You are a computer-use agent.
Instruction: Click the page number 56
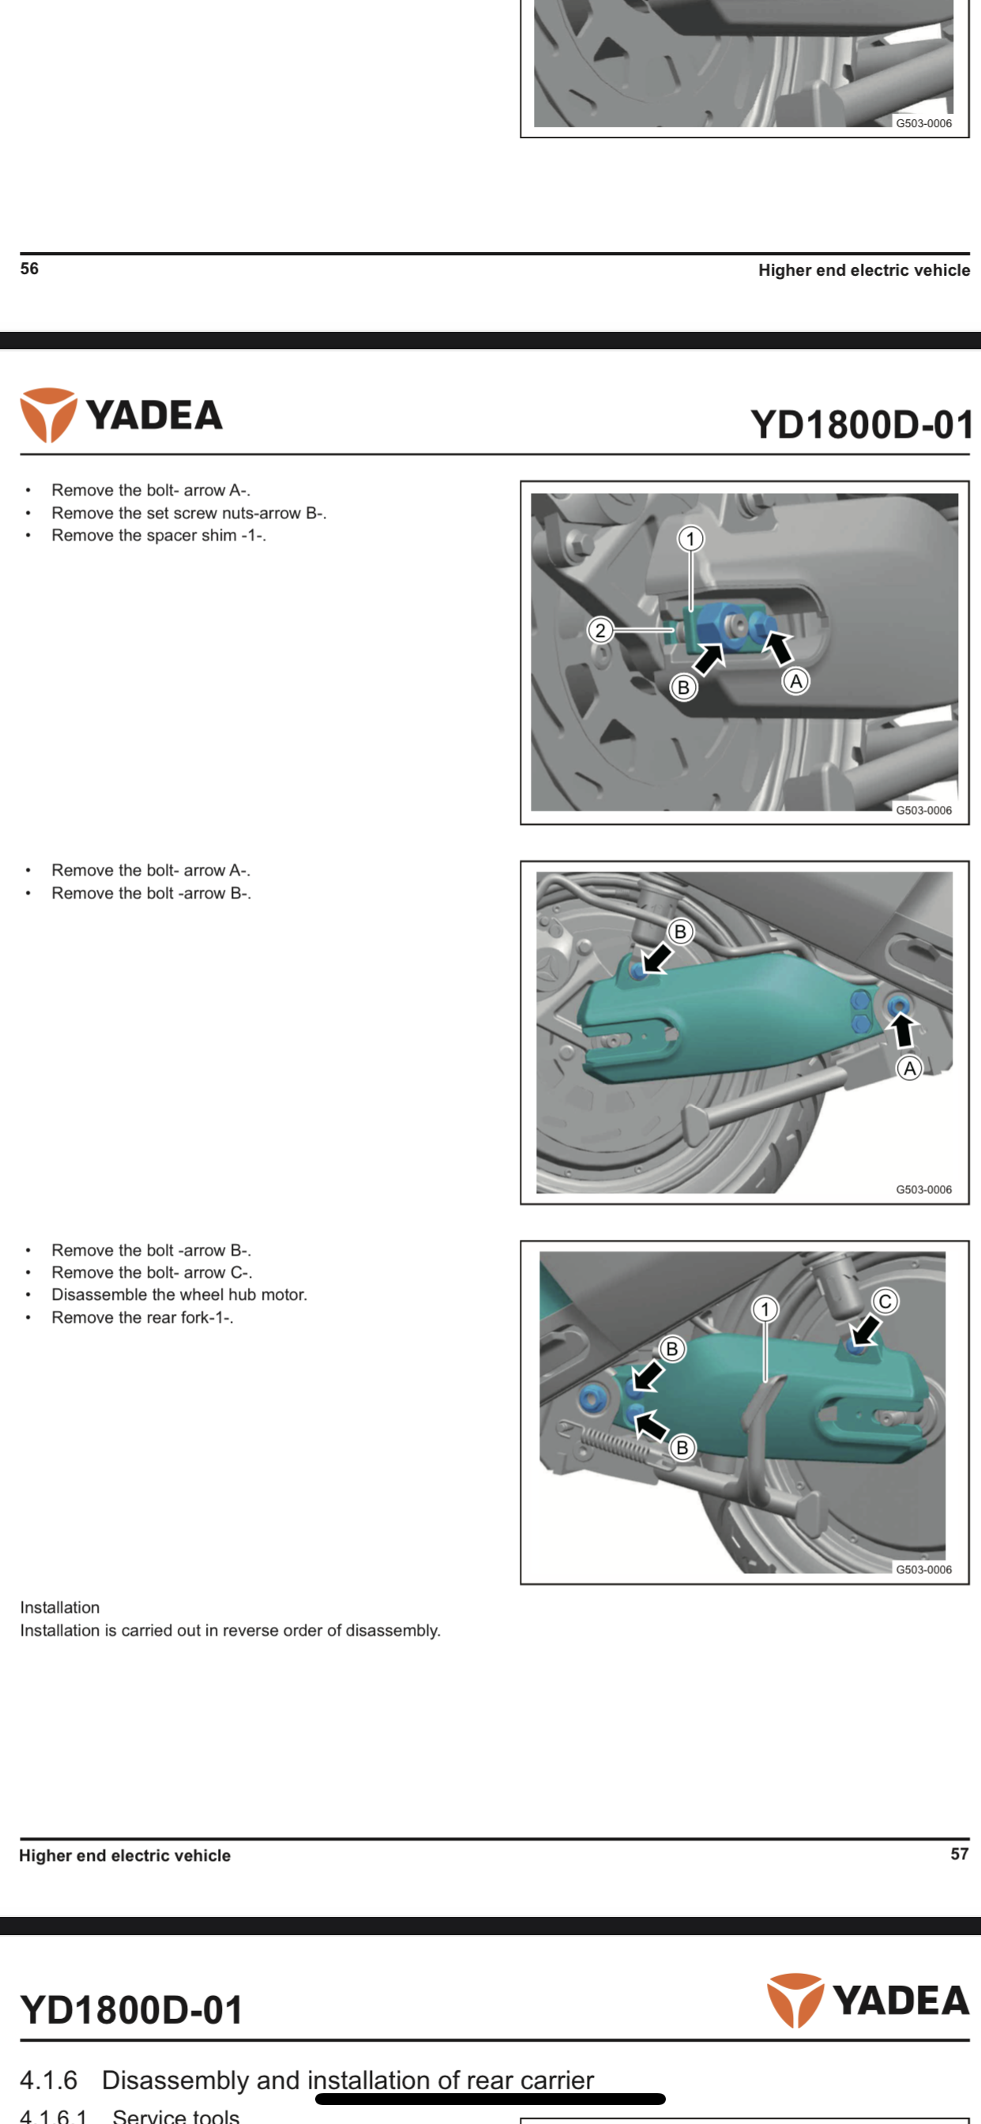(x=30, y=269)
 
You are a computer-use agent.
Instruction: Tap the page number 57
(x=959, y=1854)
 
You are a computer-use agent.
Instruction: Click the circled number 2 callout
(x=600, y=631)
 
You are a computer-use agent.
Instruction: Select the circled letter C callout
(x=885, y=1301)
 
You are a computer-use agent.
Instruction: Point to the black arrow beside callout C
(x=866, y=1327)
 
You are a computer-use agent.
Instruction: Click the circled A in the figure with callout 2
(x=795, y=681)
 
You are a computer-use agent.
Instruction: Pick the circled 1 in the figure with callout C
(x=765, y=1309)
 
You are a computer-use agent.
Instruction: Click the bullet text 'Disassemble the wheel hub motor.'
(x=179, y=1294)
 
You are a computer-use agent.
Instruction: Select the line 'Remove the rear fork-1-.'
(x=142, y=1317)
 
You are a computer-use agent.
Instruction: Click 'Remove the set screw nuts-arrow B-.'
(x=189, y=513)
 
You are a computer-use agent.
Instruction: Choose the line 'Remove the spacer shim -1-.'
(x=158, y=535)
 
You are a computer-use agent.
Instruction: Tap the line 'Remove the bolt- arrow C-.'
(x=152, y=1272)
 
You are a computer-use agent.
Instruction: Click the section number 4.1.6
(x=49, y=2080)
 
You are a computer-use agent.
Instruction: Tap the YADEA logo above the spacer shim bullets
(x=122, y=415)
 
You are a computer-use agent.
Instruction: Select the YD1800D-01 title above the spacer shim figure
(x=861, y=424)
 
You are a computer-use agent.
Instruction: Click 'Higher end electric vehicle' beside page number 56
(x=864, y=270)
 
